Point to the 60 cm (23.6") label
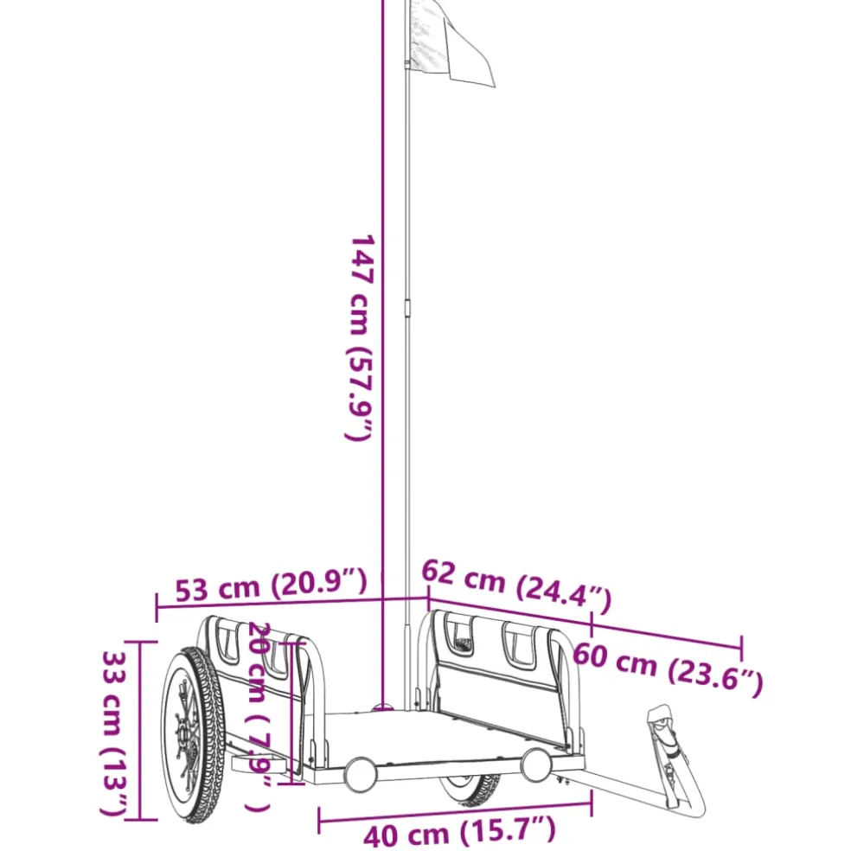pyautogui.click(x=669, y=669)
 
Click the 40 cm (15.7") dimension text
pyautogui.click(x=460, y=831)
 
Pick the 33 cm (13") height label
pyautogui.click(x=114, y=733)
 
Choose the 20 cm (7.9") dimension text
pyautogui.click(x=259, y=716)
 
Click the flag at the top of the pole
pyautogui.click(x=451, y=43)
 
